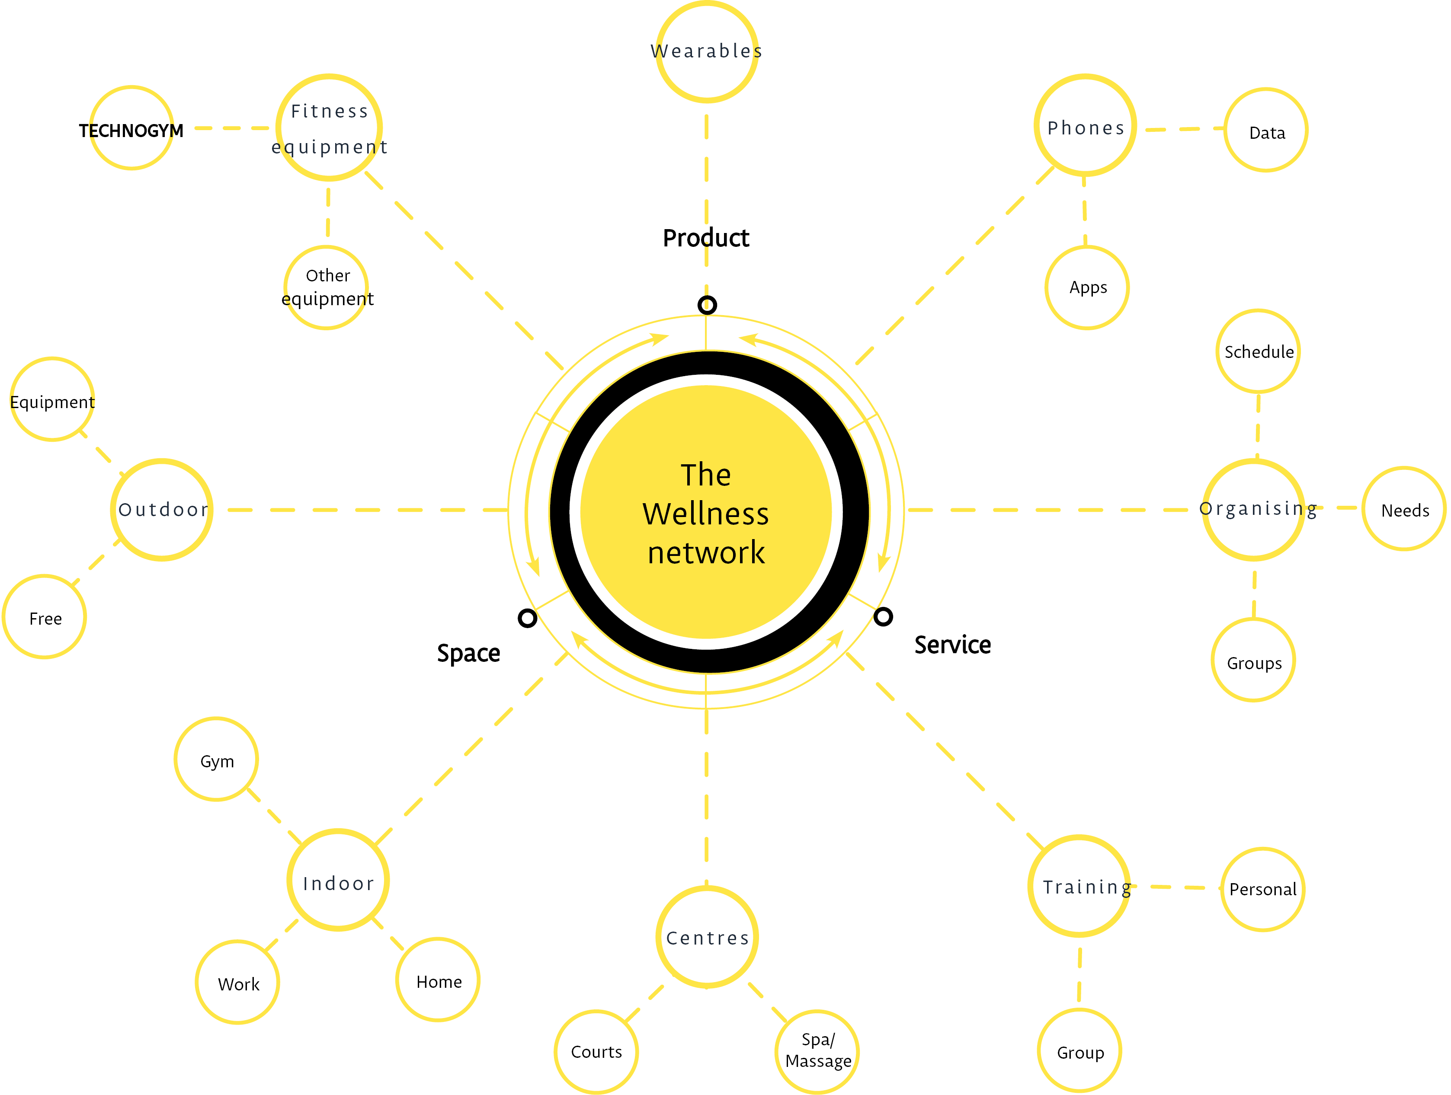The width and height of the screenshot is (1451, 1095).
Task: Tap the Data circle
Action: [1266, 131]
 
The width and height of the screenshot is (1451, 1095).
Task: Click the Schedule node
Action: [1258, 351]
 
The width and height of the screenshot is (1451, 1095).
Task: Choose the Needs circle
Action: [1404, 510]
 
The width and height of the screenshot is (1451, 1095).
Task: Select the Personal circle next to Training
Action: [1263, 889]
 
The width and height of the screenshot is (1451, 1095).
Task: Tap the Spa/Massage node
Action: [817, 1051]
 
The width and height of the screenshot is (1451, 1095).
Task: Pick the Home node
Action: [438, 980]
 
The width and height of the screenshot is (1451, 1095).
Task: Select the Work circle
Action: [238, 983]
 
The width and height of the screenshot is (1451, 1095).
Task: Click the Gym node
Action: [217, 760]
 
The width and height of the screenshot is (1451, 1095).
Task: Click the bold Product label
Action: [706, 238]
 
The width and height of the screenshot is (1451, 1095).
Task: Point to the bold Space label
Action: [468, 653]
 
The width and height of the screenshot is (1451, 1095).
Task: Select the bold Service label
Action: [952, 645]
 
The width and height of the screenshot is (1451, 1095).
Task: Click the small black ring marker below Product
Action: [707, 305]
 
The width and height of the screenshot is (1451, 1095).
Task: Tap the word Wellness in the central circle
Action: [706, 514]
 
